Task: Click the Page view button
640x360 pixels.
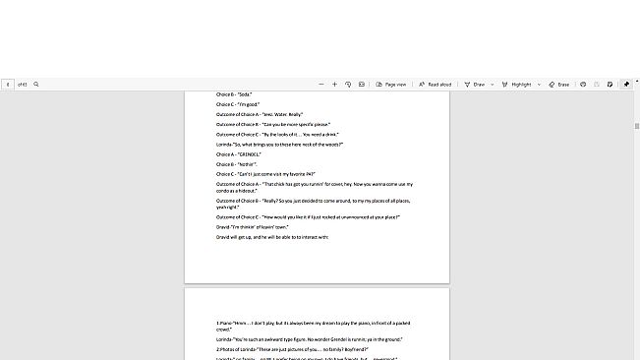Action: coord(392,85)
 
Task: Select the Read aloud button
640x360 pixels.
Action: coord(436,85)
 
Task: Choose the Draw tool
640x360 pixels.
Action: coord(475,85)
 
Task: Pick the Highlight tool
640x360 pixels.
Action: coord(517,85)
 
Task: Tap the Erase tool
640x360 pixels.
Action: coord(559,85)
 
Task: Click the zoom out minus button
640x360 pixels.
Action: coord(321,85)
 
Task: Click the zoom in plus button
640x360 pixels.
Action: coord(334,85)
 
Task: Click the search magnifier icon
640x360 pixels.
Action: coord(36,85)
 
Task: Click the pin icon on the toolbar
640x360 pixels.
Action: coord(626,85)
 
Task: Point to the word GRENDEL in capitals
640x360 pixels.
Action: coord(250,154)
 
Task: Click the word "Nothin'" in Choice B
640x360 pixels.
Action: coord(247,164)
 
